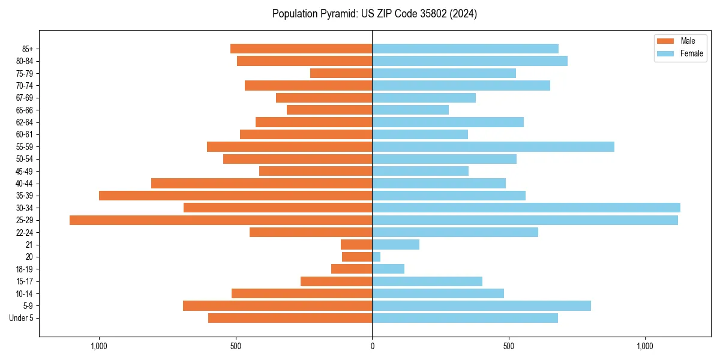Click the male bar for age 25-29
coord(221,220)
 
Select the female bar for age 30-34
coord(526,208)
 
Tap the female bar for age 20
coord(376,257)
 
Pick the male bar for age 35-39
coord(235,196)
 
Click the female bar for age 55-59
coord(493,146)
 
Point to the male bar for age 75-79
coord(341,73)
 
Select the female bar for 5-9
coord(481,306)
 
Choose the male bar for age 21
coord(356,245)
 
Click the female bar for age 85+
coord(465,49)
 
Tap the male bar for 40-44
coord(262,183)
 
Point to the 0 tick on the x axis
coord(372,346)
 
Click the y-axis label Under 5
coord(21,318)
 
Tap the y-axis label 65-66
coord(25,110)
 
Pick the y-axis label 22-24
coord(25,232)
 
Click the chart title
coord(374,14)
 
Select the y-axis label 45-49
coord(25,171)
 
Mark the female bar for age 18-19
coord(388,269)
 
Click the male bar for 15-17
coord(336,281)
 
